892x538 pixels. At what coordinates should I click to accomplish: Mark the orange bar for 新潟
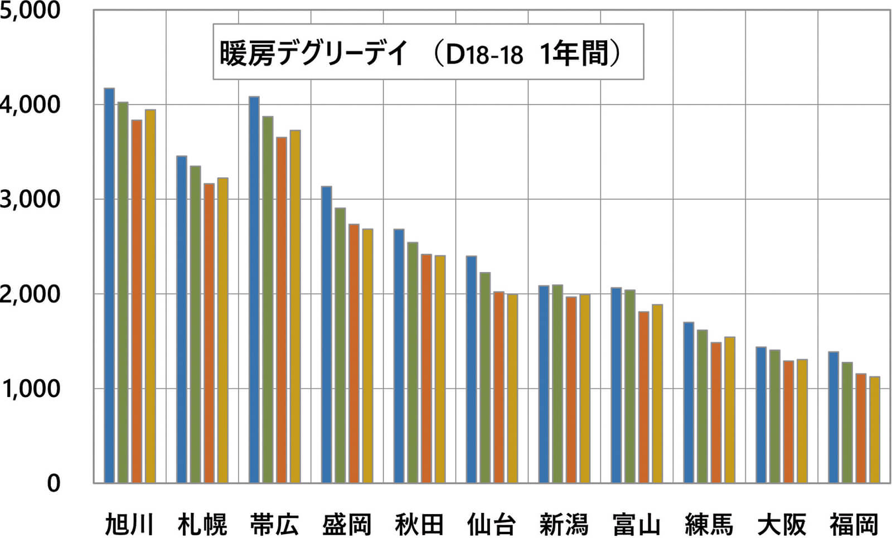click(571, 390)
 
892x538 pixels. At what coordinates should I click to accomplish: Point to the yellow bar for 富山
click(657, 394)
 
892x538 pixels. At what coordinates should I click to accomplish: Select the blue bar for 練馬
click(689, 402)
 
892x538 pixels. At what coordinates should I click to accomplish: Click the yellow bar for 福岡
click(874, 429)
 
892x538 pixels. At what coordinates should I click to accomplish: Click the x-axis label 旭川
click(129, 525)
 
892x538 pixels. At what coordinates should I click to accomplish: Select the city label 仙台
click(491, 525)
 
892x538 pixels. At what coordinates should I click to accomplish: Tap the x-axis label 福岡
click(854, 525)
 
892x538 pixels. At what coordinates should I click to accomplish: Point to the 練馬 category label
click(709, 525)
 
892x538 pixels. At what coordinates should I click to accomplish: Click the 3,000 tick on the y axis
click(30, 200)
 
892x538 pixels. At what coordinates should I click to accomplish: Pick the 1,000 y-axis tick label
click(30, 389)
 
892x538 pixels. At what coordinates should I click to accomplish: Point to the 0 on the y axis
click(53, 483)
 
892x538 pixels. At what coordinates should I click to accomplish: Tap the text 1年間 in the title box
click(575, 53)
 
